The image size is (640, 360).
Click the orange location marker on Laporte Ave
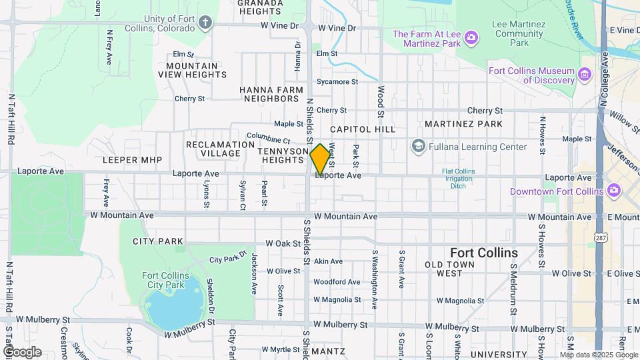320,159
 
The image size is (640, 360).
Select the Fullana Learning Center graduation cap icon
418,146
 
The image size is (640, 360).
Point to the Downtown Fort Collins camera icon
615,191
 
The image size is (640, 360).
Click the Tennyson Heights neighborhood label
283,156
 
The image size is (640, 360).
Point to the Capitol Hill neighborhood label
362,129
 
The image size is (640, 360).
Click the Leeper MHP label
129,160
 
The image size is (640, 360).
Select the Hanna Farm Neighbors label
269,93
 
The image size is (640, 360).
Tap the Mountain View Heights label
192,70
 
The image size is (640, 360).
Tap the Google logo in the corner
22,351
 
